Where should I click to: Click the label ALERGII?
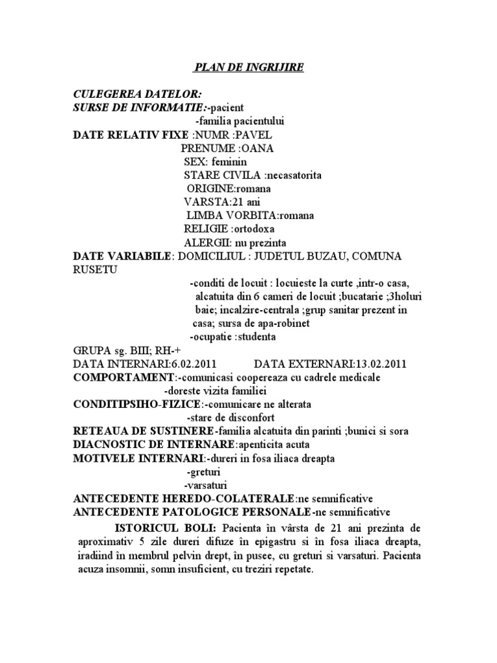[206, 243]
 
